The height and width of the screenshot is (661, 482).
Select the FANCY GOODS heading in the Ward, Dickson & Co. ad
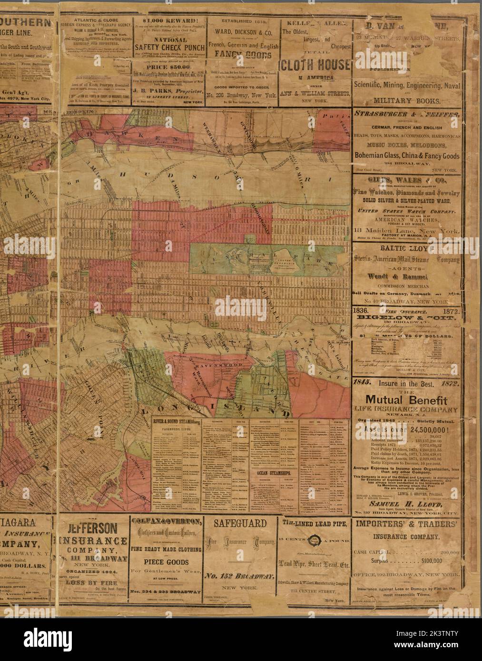pos(242,54)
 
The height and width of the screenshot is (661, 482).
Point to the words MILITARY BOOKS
pos(408,101)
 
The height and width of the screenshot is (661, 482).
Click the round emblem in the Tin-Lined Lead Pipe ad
pos(314,540)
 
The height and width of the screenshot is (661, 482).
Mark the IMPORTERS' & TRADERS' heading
pos(407,524)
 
